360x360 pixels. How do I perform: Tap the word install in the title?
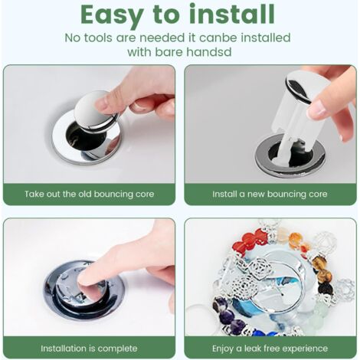click(230, 15)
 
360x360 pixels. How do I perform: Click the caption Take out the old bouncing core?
click(89, 194)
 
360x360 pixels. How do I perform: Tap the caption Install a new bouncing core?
click(270, 194)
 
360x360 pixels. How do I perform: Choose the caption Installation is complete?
click(89, 349)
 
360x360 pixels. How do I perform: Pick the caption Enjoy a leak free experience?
click(270, 349)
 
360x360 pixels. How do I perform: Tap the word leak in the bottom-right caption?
click(257, 349)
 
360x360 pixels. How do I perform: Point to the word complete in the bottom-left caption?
click(119, 349)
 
